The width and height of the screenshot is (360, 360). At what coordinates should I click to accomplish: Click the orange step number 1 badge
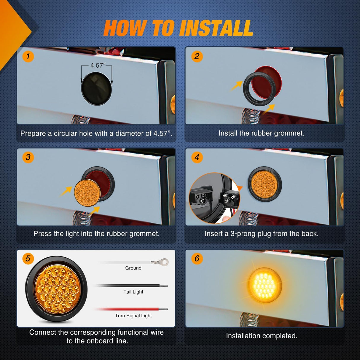click(28, 56)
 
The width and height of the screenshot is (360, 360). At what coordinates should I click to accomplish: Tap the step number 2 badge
click(197, 56)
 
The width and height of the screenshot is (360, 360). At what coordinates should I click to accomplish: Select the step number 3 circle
click(28, 157)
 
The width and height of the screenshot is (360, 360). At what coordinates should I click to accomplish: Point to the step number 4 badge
click(197, 157)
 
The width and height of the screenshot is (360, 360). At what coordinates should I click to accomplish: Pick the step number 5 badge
click(28, 259)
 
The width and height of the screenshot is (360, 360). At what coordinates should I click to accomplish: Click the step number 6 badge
click(197, 259)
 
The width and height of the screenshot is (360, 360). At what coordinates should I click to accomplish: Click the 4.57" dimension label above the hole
click(98, 65)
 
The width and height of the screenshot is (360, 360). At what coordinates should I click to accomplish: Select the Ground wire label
click(133, 268)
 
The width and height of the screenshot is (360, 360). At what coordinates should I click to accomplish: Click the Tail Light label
click(133, 292)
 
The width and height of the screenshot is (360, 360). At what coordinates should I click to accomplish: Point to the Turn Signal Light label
click(133, 316)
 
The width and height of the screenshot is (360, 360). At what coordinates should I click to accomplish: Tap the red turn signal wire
click(131, 309)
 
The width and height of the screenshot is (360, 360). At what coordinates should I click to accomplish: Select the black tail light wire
click(131, 286)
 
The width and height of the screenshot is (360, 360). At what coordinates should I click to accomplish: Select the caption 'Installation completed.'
click(262, 336)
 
